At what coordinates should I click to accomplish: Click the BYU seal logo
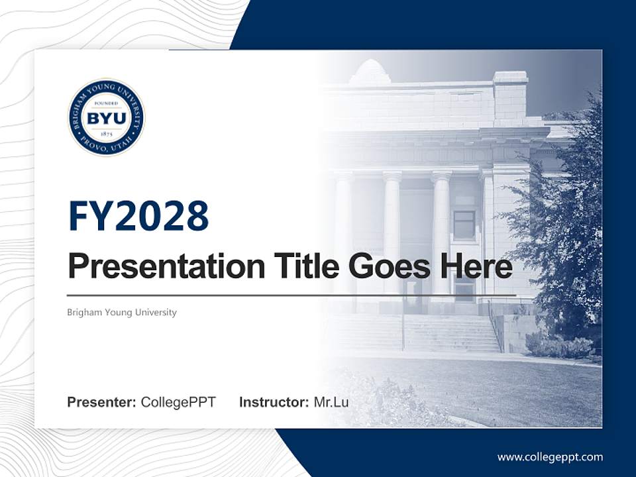pyautogui.click(x=106, y=118)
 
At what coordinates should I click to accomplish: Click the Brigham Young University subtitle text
pyautogui.click(x=122, y=312)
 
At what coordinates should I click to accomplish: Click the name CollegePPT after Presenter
pyautogui.click(x=178, y=402)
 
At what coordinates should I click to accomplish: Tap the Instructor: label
pyautogui.click(x=274, y=402)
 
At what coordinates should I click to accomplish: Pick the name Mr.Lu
pyautogui.click(x=331, y=402)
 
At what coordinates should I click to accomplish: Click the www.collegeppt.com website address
pyautogui.click(x=550, y=457)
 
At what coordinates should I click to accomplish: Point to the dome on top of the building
pyautogui.click(x=370, y=72)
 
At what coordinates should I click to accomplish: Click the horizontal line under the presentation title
pyautogui.click(x=291, y=295)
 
